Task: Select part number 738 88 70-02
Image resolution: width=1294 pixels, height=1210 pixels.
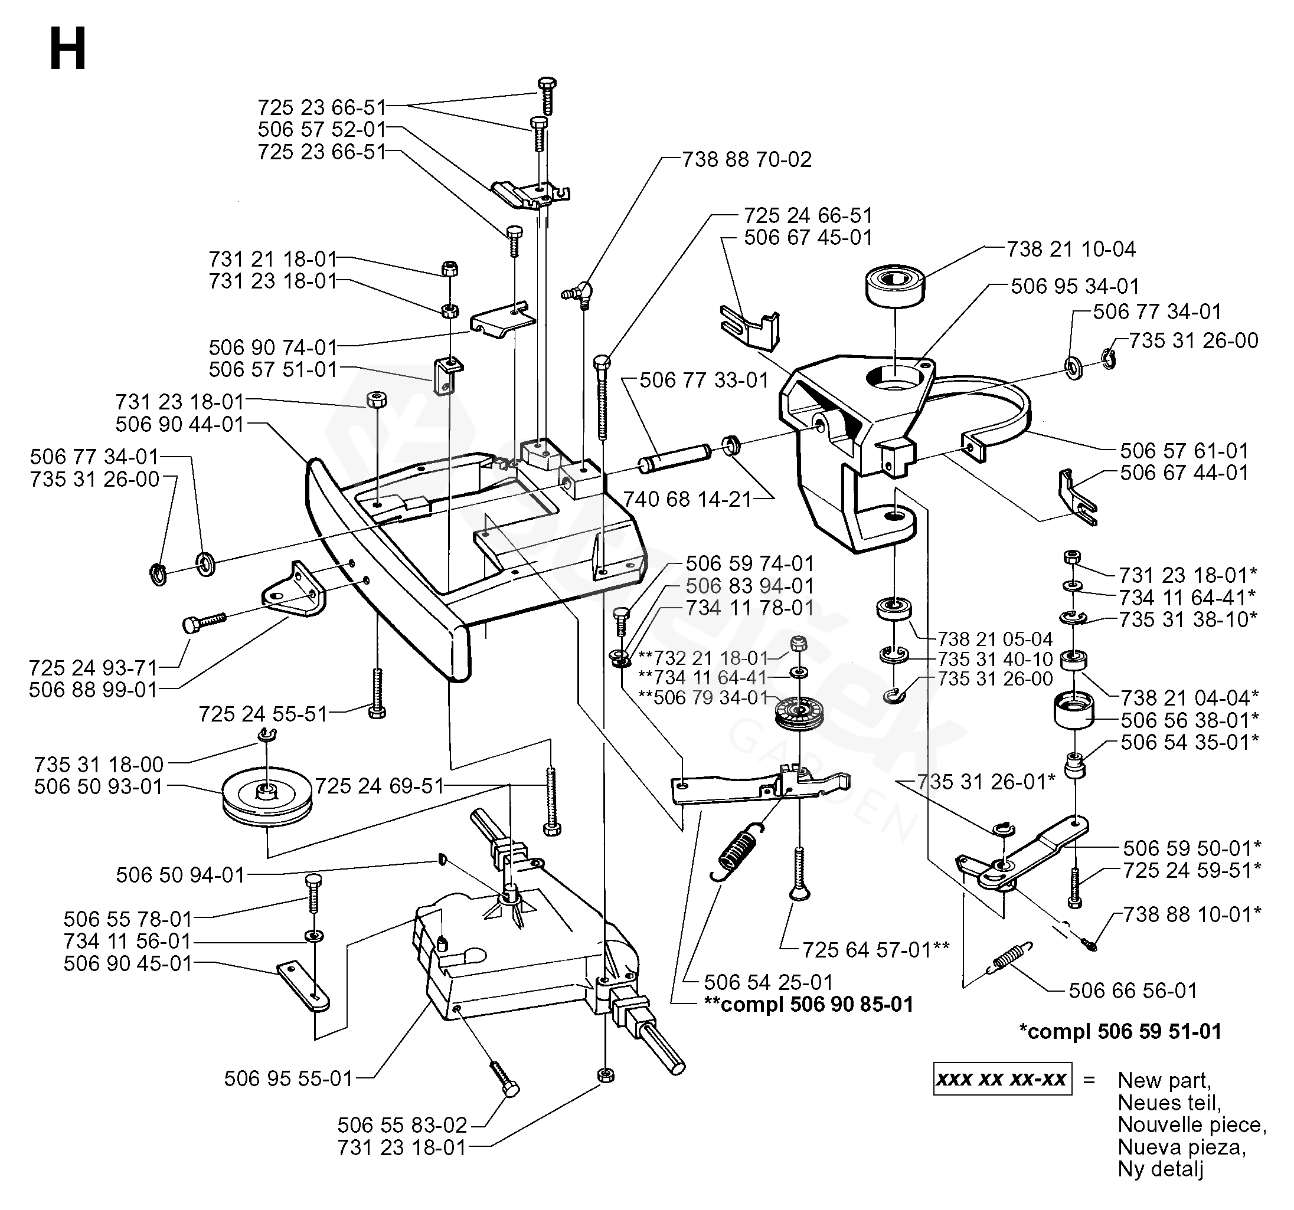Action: click(747, 159)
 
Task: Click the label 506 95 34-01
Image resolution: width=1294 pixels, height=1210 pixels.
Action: click(1076, 286)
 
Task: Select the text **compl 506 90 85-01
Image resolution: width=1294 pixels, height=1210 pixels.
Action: click(808, 1005)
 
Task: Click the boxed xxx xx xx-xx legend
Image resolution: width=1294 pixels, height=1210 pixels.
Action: click(1002, 1080)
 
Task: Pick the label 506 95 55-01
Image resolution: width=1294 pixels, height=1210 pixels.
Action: click(288, 1078)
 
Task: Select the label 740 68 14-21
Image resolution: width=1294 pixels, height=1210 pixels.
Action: click(687, 499)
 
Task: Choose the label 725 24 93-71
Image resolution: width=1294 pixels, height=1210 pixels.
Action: click(93, 667)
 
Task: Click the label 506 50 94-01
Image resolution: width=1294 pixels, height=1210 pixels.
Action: click(180, 875)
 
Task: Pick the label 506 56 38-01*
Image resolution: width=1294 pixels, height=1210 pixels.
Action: click(1189, 720)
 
